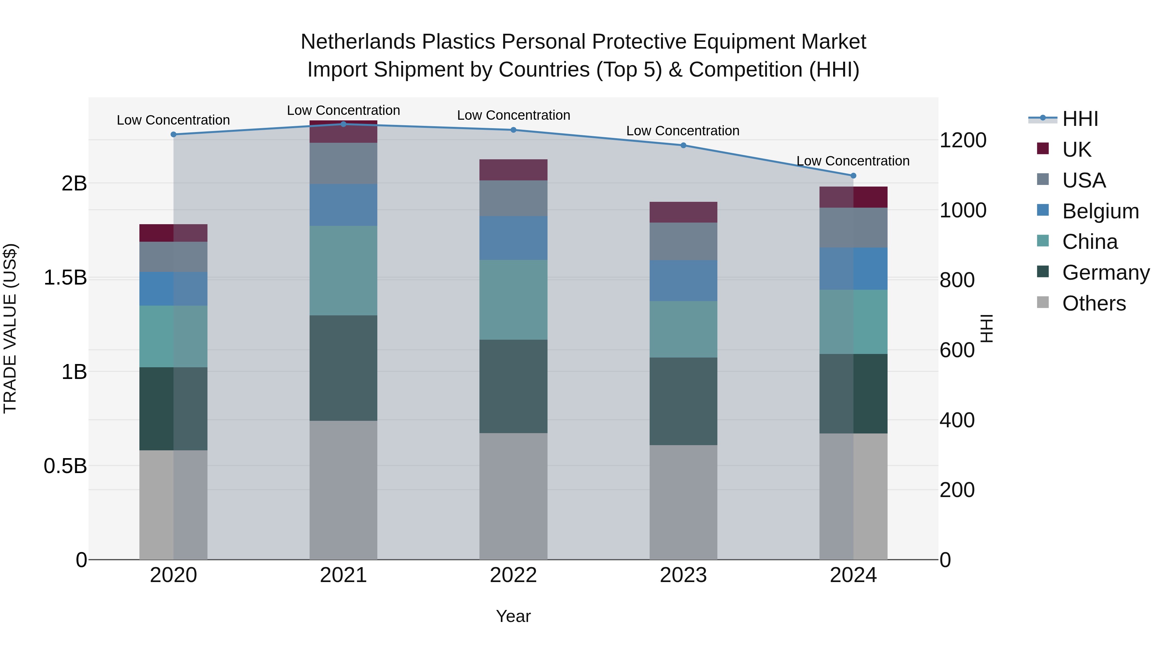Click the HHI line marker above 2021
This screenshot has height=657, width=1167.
[x=343, y=124]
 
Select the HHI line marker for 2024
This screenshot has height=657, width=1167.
[x=853, y=176]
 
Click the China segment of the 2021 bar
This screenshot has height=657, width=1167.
[x=343, y=270]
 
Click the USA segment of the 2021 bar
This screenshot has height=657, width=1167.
[x=343, y=163]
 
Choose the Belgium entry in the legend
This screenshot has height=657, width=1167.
[x=1100, y=211]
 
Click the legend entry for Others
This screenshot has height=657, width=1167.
[x=1094, y=303]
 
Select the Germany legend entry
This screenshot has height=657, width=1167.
[x=1105, y=273]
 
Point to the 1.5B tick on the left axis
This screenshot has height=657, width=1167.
[x=65, y=277]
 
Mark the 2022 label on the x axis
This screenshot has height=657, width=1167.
[x=513, y=575]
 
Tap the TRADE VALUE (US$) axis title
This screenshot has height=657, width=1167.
[x=10, y=328]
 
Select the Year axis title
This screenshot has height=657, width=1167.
[x=513, y=616]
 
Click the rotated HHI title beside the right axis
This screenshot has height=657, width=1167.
[x=986, y=328]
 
